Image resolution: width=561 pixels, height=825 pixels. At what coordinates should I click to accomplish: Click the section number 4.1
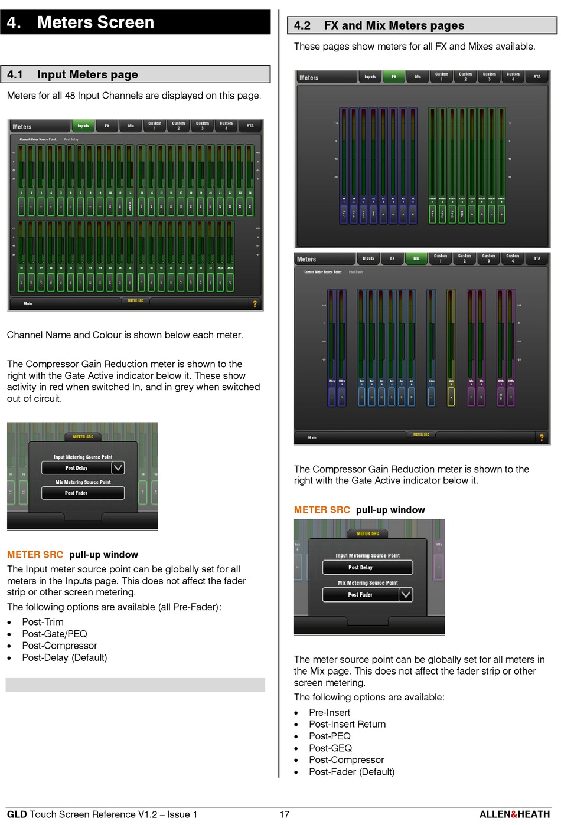pos(15,74)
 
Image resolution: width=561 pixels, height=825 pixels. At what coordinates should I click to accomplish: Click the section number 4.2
pos(302,25)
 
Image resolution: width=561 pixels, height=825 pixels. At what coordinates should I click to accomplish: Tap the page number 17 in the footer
pos(285,814)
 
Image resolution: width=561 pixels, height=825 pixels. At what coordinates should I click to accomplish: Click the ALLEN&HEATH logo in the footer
pos(514,814)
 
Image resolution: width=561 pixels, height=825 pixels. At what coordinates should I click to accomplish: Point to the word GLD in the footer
pos(17,814)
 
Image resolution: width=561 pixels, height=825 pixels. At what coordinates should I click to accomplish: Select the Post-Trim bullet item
pos(43,622)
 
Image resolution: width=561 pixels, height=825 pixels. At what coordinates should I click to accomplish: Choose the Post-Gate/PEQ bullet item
pos(54,634)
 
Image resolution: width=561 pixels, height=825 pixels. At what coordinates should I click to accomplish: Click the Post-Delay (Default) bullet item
pos(64,657)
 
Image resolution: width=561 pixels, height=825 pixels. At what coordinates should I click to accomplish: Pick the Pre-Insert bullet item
pos(330,713)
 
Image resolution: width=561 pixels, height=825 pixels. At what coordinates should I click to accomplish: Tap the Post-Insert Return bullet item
pos(347,725)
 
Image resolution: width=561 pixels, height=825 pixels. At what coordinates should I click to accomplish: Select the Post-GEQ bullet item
pos(330,748)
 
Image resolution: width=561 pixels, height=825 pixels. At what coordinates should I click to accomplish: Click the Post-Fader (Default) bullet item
pos(351,772)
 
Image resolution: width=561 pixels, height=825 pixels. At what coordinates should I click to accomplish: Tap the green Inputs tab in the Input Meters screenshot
pos(83,126)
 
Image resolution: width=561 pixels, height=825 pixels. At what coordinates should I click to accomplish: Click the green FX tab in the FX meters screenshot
pos(394,77)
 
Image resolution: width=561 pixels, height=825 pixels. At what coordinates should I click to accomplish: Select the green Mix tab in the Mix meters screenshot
pos(416,258)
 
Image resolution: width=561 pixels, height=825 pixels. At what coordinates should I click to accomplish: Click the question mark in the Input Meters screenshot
pos(255,304)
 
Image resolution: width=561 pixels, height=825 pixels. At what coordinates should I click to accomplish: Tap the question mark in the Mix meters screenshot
pos(541,437)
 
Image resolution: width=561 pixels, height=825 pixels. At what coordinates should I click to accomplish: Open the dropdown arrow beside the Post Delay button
pos(118,468)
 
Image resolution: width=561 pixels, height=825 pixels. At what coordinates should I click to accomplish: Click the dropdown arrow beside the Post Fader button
pos(406,595)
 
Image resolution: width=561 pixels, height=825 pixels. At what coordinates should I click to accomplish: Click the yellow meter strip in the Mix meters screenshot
pos(451,348)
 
